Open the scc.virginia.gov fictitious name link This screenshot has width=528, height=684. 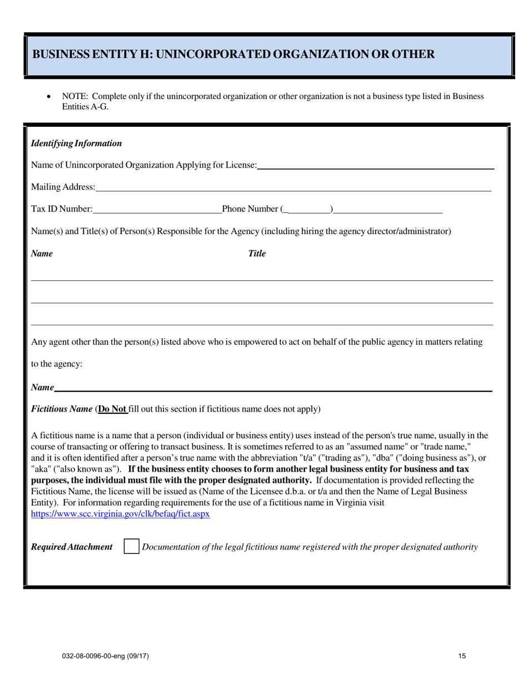(x=120, y=514)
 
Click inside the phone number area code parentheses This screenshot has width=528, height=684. (x=308, y=209)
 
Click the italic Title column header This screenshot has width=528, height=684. (x=257, y=254)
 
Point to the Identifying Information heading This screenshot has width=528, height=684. (x=77, y=143)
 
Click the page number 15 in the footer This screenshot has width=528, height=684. (x=462, y=656)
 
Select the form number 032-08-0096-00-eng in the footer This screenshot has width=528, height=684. (x=105, y=656)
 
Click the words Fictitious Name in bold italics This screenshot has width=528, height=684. (x=62, y=409)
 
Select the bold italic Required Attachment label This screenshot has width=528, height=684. (x=72, y=547)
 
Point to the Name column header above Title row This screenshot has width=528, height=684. (x=42, y=254)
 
